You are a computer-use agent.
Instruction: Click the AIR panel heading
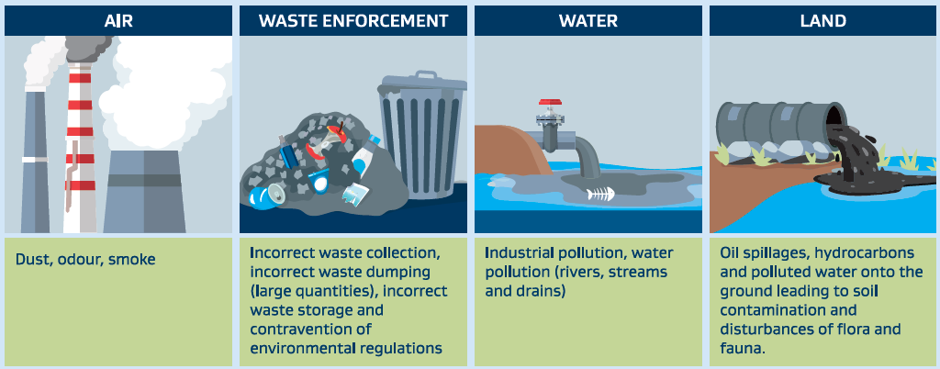118,21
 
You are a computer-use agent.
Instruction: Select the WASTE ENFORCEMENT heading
353,21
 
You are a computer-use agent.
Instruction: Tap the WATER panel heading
588,21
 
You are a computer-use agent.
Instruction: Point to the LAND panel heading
823,21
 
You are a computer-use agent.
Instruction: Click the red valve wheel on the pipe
549,103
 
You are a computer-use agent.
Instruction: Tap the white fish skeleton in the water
600,195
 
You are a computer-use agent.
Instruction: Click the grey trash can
422,135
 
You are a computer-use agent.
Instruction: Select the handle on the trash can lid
425,75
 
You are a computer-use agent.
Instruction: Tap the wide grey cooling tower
143,191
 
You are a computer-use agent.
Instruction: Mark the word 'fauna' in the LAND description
742,348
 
